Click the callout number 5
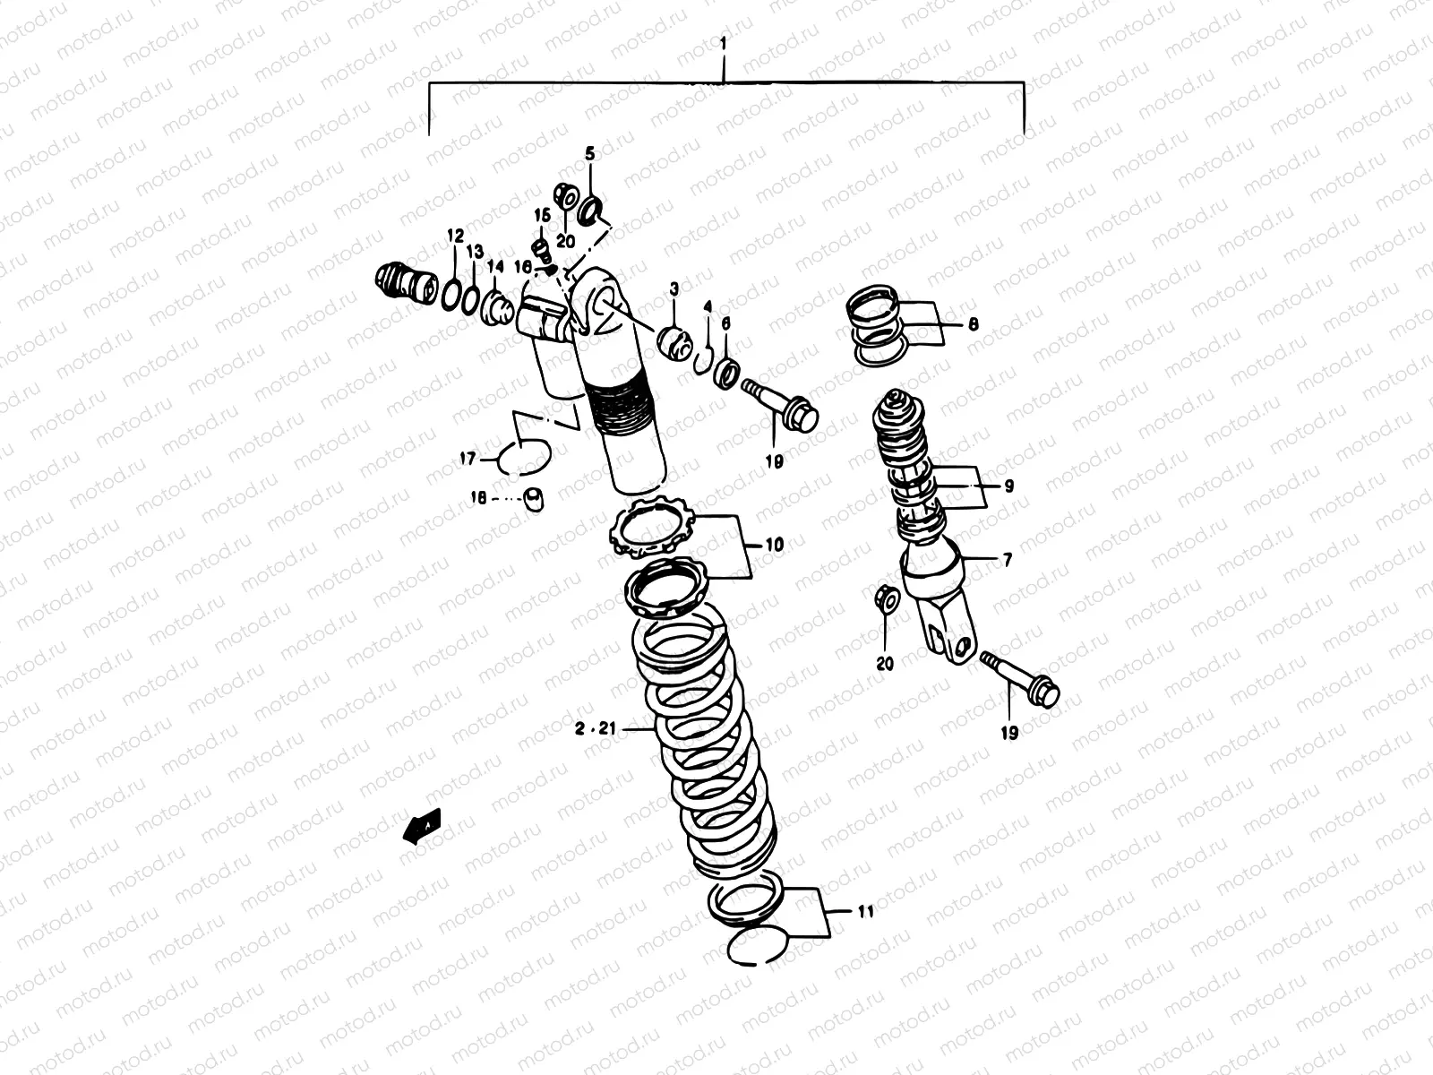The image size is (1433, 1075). coord(589,154)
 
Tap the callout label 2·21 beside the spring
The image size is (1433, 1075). coord(596,730)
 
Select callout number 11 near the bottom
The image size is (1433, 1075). coord(864,913)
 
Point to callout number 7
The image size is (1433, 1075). coord(1007,560)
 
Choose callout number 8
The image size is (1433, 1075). coord(973,324)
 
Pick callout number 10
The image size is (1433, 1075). coord(774,544)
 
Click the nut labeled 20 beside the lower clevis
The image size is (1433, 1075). coord(885,599)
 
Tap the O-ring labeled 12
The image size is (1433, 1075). coord(456,292)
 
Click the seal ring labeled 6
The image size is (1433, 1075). coord(727,370)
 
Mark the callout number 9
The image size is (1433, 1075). coord(1008,486)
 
